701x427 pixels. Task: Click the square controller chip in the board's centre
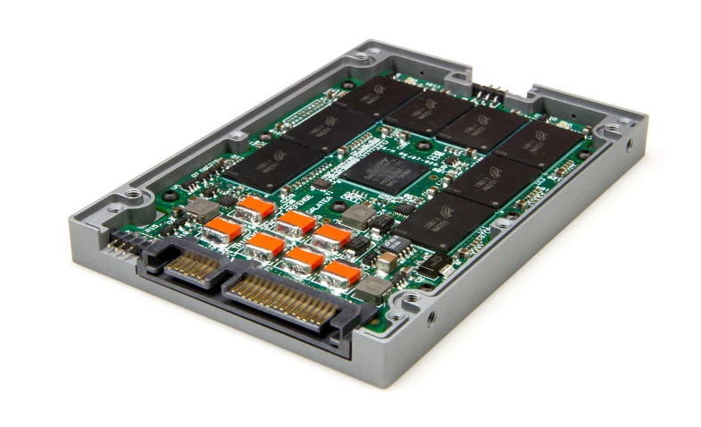coord(380,170)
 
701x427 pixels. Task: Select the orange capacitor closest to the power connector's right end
coord(342,272)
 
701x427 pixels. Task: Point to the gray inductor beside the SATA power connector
coord(374,287)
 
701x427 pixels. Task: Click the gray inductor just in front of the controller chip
coord(362,214)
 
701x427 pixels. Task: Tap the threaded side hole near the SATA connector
coord(432,316)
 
